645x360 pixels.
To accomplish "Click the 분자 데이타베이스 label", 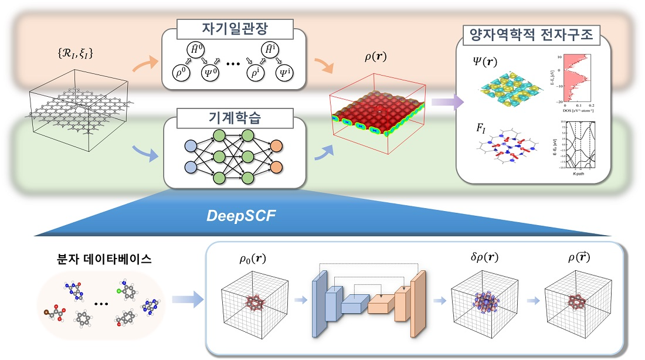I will click(104, 258).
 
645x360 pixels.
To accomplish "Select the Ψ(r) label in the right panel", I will click(485, 60).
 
